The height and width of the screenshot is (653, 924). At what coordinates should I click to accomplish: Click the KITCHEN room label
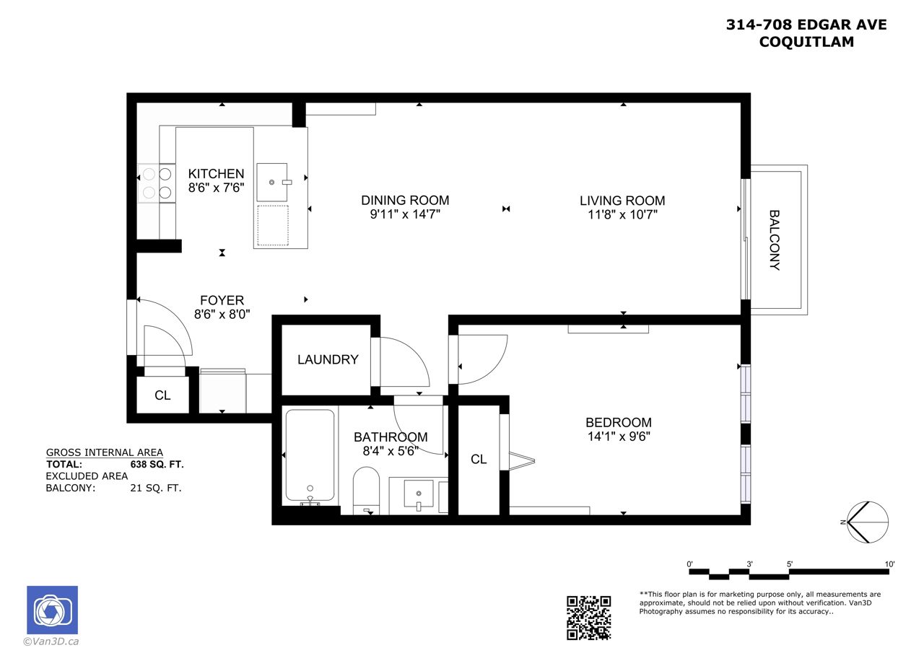pos(216,174)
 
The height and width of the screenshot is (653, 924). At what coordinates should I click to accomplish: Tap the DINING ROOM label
pos(405,201)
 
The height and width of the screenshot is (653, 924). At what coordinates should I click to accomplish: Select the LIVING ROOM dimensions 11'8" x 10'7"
pos(622,215)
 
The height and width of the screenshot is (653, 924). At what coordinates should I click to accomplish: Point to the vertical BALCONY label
pos(775,240)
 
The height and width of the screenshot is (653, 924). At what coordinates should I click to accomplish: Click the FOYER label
pos(222,300)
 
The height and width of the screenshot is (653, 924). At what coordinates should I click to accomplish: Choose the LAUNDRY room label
pos(328,359)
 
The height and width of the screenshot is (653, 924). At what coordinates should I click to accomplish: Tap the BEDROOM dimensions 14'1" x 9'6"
pos(619,436)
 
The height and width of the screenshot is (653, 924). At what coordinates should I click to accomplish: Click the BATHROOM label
pos(391,437)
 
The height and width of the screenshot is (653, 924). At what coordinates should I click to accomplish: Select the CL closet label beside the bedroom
pos(479,459)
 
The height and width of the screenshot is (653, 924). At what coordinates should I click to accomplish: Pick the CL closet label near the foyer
pos(162,395)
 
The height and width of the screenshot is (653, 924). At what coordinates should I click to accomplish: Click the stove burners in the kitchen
pos(157,183)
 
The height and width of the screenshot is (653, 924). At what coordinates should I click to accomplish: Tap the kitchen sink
pos(272,183)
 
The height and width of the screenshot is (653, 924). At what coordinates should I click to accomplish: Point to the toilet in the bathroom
pos(366,491)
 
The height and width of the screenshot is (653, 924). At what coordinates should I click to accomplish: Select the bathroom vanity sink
pos(419,494)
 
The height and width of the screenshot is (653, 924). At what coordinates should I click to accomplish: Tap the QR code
pos(588,618)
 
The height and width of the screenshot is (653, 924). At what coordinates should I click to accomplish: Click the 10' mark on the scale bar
pos(889,564)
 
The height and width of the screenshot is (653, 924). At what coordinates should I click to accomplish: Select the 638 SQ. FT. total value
pos(157,464)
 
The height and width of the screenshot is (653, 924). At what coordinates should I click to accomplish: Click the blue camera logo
pos(53,610)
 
